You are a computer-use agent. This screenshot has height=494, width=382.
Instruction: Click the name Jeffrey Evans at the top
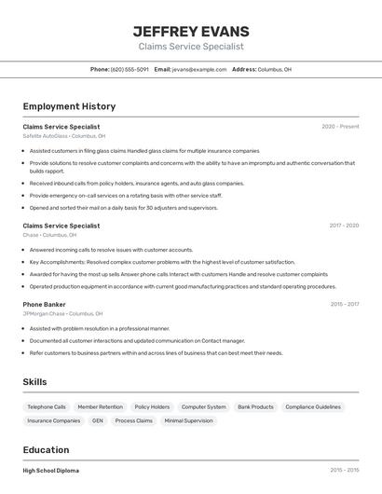click(191, 31)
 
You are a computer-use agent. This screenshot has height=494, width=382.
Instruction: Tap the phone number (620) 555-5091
click(130, 69)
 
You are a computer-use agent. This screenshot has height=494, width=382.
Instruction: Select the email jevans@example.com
click(199, 69)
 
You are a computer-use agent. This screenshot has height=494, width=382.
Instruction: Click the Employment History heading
click(69, 106)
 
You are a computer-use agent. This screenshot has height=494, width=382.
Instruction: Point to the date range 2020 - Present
click(340, 127)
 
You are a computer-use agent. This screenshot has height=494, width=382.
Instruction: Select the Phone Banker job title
click(44, 304)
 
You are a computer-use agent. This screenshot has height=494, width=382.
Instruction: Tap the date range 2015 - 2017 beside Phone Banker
click(344, 304)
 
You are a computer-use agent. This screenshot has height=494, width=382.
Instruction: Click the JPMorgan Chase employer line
click(62, 314)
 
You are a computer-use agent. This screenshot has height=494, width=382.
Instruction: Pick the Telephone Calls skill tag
click(47, 407)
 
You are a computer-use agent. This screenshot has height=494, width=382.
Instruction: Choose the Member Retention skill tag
click(100, 407)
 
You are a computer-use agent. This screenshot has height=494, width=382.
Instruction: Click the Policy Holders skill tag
click(152, 407)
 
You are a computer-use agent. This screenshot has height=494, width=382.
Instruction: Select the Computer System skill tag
click(203, 407)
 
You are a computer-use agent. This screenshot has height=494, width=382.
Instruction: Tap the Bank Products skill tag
click(255, 407)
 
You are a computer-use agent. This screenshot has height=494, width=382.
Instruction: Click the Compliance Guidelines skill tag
click(313, 407)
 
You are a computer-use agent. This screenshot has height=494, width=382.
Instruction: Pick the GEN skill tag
click(97, 421)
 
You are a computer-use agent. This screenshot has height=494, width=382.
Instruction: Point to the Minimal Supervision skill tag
click(188, 421)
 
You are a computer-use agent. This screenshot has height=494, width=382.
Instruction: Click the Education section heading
click(46, 449)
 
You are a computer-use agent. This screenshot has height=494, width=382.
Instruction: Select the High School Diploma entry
click(50, 471)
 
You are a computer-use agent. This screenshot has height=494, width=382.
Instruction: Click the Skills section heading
click(34, 382)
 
